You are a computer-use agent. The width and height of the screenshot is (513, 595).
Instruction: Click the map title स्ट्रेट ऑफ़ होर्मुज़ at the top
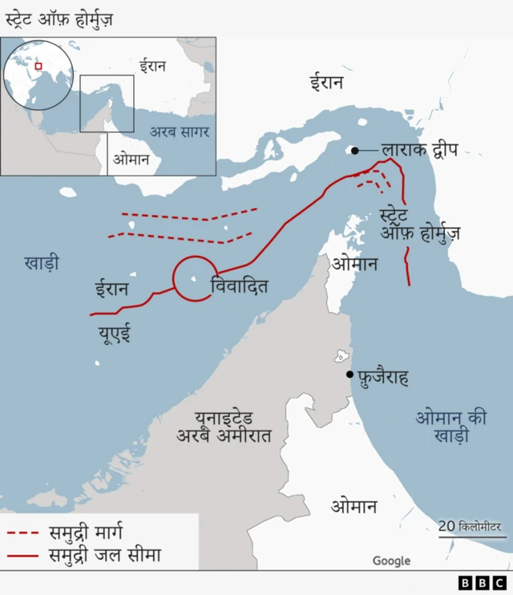click(x=59, y=18)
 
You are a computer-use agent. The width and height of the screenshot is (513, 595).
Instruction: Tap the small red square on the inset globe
click(x=38, y=67)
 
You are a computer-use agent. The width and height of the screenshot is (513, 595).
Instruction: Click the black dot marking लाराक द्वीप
click(x=354, y=150)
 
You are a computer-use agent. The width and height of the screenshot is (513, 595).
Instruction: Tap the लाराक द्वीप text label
click(x=419, y=149)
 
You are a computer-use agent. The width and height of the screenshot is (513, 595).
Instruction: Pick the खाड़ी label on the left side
click(x=42, y=262)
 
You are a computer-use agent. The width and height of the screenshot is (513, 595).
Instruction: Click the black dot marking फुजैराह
click(x=349, y=374)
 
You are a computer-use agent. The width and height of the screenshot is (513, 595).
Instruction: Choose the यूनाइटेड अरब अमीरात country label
click(x=224, y=427)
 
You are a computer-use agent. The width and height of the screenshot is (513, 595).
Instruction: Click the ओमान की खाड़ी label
click(x=451, y=427)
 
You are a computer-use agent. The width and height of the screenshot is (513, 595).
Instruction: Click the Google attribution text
click(x=391, y=561)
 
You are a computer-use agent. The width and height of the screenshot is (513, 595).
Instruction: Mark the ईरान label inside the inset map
click(x=152, y=66)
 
